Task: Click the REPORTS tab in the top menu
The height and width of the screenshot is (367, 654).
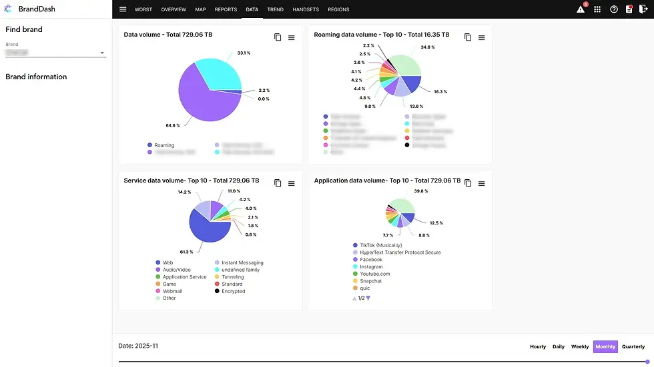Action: (x=226, y=10)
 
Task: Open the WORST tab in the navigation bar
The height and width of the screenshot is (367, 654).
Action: (x=143, y=10)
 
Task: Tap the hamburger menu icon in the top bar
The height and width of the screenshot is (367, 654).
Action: (x=123, y=9)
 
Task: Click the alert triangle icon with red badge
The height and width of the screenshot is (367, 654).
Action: (x=581, y=9)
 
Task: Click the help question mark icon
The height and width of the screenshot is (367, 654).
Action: (x=613, y=9)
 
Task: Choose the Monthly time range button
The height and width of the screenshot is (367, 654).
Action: (x=605, y=346)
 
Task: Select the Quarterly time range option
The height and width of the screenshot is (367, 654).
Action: (x=633, y=346)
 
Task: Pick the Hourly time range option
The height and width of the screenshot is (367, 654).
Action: (x=538, y=346)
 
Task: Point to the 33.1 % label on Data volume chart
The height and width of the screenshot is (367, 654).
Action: (x=243, y=53)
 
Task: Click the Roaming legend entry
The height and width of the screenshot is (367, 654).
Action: (x=163, y=145)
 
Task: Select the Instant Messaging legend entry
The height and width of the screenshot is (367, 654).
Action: (x=242, y=263)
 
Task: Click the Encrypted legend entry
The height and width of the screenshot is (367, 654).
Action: (x=233, y=291)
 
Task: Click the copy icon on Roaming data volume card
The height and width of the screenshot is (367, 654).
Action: (x=468, y=37)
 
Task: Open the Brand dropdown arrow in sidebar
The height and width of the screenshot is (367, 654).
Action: (x=102, y=53)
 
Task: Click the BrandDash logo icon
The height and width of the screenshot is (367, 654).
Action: (x=9, y=9)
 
